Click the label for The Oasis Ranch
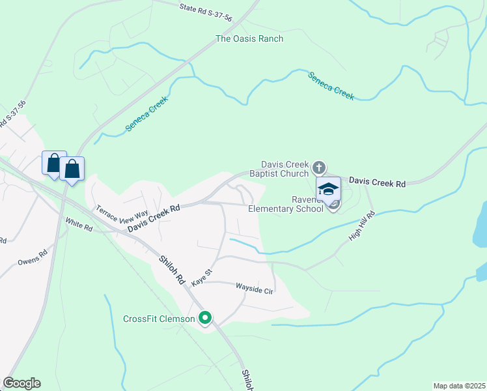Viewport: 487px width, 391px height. [x=250, y=39]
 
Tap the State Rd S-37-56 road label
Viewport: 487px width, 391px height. [x=205, y=12]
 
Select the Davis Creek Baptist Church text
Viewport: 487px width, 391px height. [x=285, y=169]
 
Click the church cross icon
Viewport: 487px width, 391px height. [x=318, y=167]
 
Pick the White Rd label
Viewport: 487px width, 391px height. [x=79, y=224]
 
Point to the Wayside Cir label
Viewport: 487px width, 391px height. [x=254, y=287]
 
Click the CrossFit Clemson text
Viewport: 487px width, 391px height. [x=159, y=319]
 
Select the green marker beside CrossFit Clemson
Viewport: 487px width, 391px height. [x=205, y=319]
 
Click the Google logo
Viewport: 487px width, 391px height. [x=21, y=383]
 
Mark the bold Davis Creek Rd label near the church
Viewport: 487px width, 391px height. [x=377, y=183]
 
